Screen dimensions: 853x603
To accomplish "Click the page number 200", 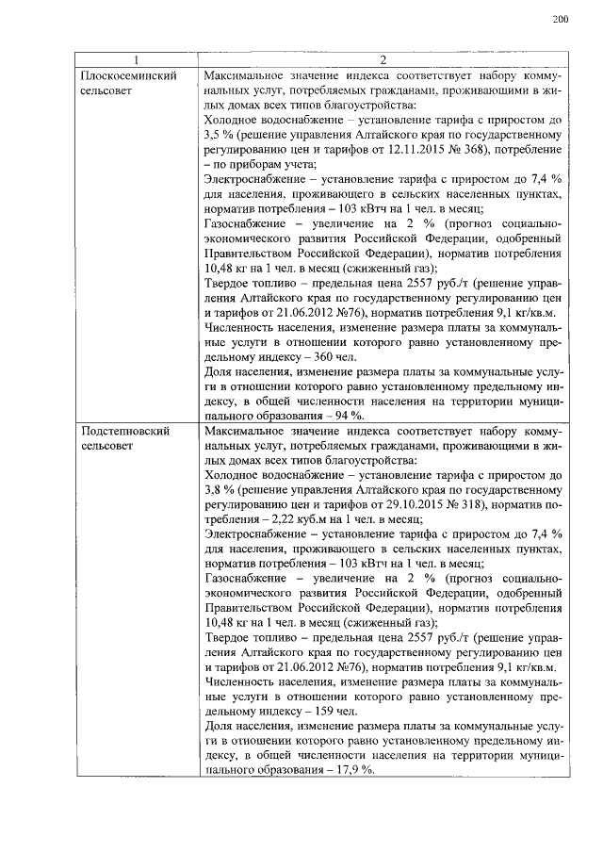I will click(561, 19).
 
